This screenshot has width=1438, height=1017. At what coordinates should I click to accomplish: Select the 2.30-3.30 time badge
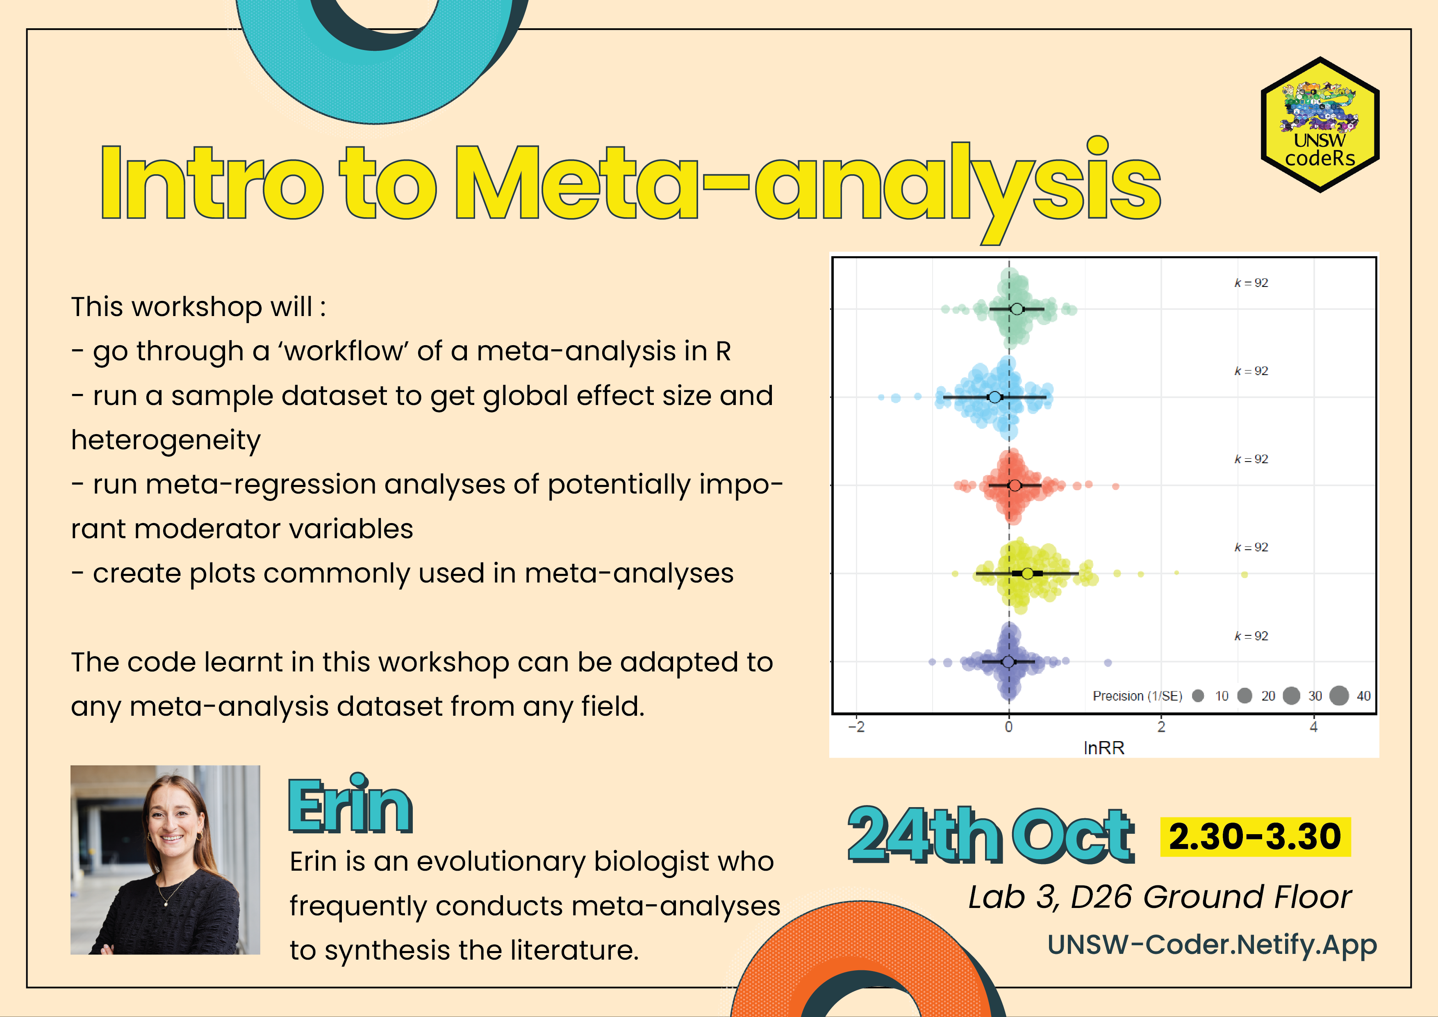1255,837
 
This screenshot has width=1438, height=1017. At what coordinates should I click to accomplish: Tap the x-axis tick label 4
1313,727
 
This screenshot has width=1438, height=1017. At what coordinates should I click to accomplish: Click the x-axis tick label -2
856,727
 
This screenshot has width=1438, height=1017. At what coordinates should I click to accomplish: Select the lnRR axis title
1104,748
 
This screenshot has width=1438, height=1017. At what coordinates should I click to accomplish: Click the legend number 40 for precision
1363,696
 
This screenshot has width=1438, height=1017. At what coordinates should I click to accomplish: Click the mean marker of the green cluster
1017,309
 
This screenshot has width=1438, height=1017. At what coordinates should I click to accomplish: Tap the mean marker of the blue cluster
994,397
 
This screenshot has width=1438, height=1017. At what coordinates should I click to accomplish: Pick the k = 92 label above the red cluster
1251,459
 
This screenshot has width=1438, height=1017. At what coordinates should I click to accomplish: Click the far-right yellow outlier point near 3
1245,574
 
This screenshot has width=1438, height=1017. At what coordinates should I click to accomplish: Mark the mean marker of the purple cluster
1008,661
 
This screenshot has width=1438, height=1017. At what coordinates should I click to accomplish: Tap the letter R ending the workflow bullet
724,351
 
